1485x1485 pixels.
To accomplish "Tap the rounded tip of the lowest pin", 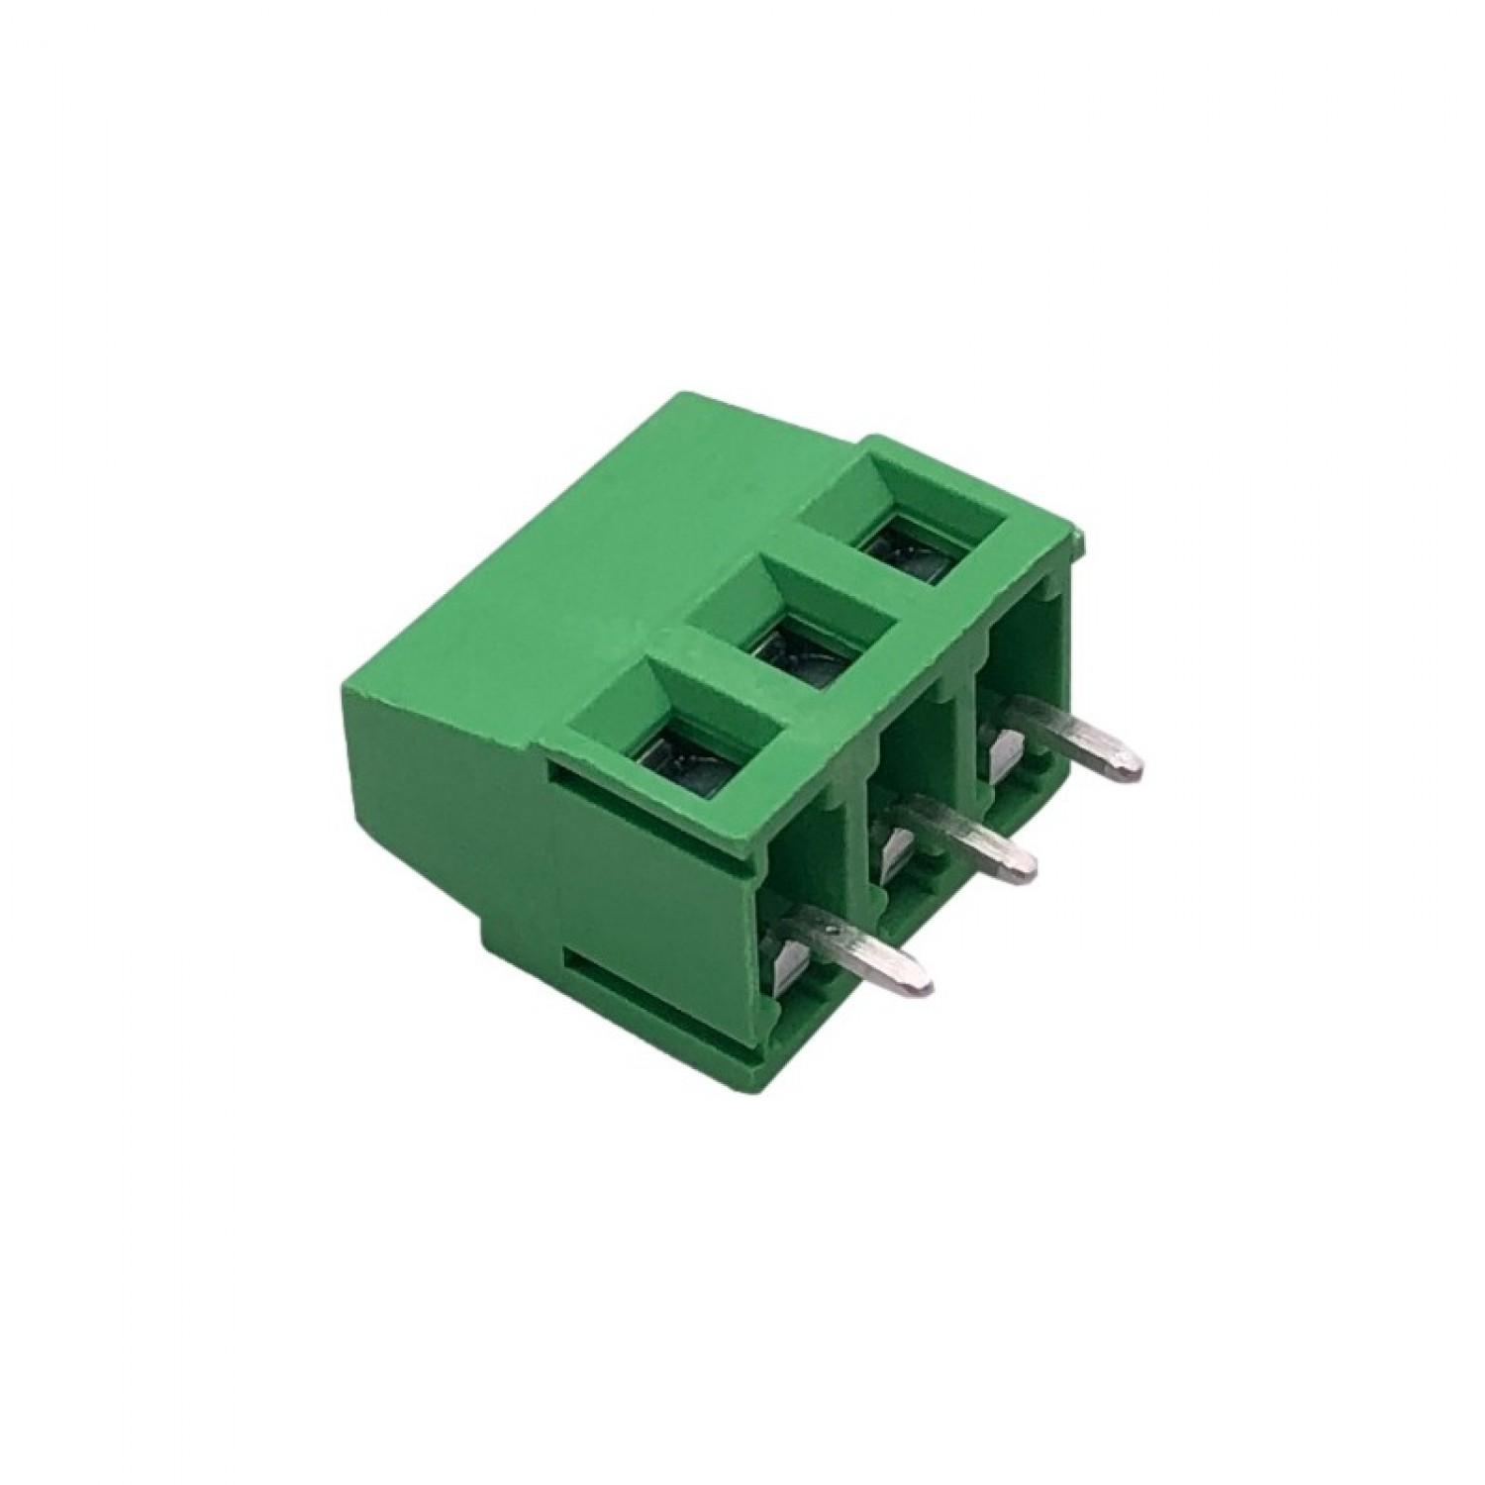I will click(921, 983).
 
